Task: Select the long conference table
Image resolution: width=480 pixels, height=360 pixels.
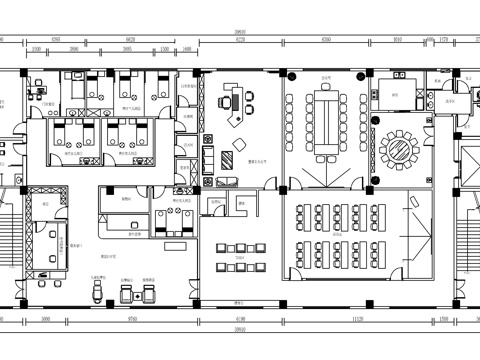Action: pyautogui.click(x=326, y=118)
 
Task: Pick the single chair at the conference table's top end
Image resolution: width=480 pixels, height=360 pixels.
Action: pyautogui.click(x=326, y=82)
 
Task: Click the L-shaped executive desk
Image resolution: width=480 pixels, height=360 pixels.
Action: pyautogui.click(x=238, y=106)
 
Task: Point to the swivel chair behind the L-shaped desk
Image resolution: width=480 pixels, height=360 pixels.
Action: pyautogui.click(x=228, y=100)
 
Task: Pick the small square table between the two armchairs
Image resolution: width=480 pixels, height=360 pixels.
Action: pyautogui.click(x=139, y=291)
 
